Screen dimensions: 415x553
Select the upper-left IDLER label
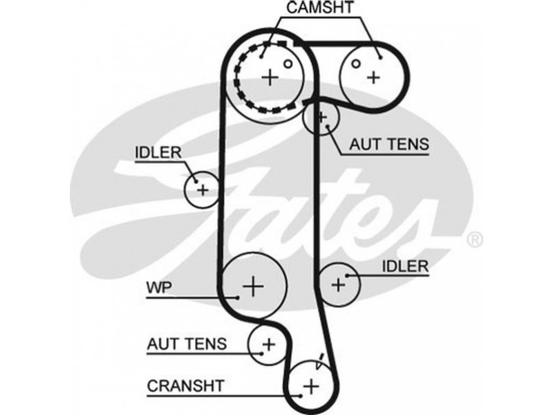[x=158, y=151]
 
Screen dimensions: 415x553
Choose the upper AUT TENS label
[x=389, y=145]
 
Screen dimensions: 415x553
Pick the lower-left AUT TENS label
[x=187, y=343]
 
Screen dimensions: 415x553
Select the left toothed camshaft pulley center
[x=270, y=77]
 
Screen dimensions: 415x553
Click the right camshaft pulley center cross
[x=373, y=76]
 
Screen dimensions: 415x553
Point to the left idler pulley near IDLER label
[x=203, y=188]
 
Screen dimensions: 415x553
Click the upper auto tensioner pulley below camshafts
[x=321, y=117]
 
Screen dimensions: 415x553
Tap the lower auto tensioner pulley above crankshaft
[x=268, y=343]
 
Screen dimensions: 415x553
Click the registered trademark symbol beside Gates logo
[x=475, y=240]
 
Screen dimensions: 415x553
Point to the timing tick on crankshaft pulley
[x=319, y=359]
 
